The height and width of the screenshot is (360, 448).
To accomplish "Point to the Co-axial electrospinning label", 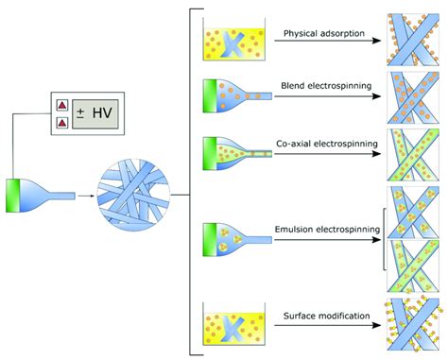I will tap(328, 145).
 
